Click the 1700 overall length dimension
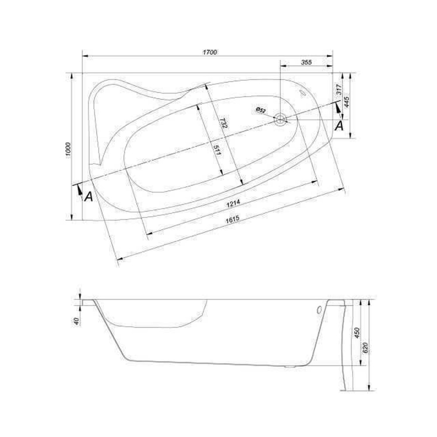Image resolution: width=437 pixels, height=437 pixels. [x=210, y=52]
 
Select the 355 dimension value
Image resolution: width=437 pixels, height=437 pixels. [x=306, y=62]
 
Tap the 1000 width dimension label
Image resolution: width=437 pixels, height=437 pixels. [x=69, y=151]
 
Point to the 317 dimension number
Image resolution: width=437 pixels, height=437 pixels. [x=339, y=90]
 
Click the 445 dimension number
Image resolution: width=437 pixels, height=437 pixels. [x=347, y=102]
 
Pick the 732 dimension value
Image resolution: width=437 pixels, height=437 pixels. [x=223, y=123]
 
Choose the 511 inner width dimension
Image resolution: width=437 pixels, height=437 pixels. [x=217, y=151]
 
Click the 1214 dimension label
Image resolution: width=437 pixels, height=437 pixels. [x=233, y=204]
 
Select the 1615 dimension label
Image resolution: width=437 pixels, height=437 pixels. [x=232, y=219]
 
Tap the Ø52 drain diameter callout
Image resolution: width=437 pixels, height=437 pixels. [x=261, y=110]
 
